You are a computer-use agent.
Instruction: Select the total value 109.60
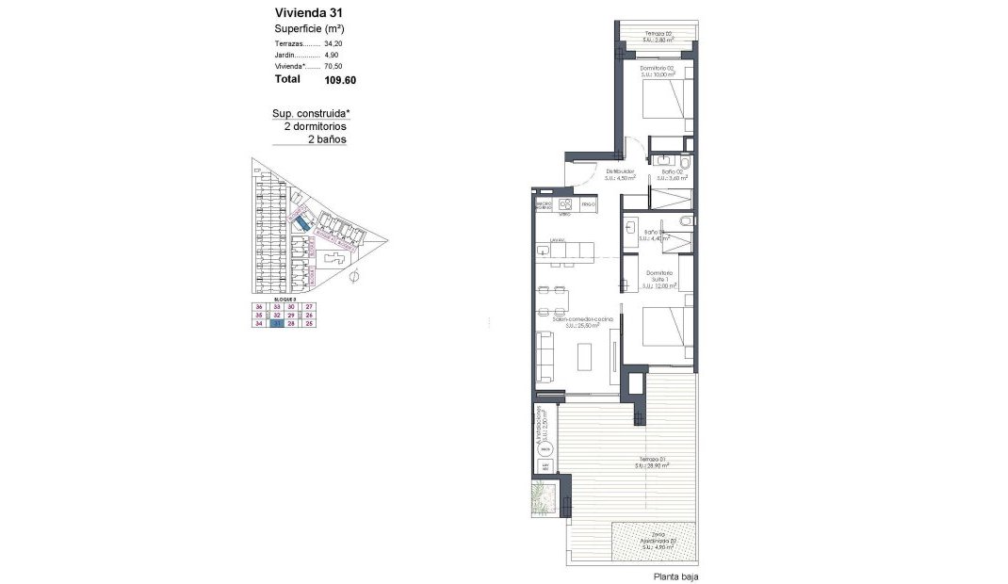[340, 80]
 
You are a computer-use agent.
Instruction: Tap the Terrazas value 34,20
[333, 43]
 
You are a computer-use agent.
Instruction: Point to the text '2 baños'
[328, 138]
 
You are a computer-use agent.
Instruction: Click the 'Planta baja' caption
[675, 576]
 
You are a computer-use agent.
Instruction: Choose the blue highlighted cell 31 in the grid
[277, 324]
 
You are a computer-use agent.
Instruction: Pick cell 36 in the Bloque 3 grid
[259, 307]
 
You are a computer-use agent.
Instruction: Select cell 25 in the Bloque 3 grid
[309, 324]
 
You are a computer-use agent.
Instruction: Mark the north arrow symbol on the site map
[353, 278]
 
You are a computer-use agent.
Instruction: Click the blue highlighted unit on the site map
[303, 223]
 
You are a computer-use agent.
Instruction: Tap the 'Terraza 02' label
[658, 36]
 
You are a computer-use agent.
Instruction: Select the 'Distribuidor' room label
[620, 171]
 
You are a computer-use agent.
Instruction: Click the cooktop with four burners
[566, 204]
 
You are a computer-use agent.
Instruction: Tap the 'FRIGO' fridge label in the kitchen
[588, 204]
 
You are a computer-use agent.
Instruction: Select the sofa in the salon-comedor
[545, 359]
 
